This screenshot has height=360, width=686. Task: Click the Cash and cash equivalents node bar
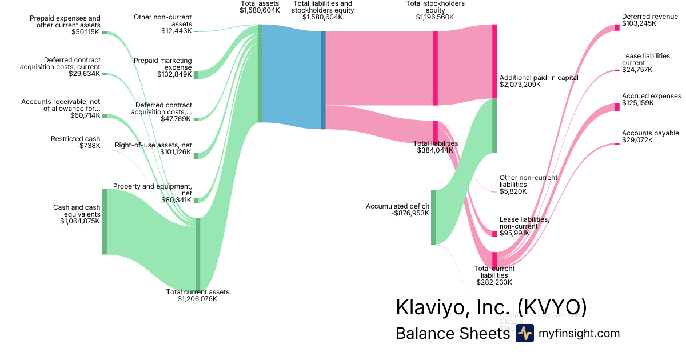click(105, 221)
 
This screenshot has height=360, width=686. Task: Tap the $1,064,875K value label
click(80, 221)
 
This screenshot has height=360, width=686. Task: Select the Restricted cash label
click(75, 139)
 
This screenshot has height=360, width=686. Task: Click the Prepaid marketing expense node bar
click(196, 74)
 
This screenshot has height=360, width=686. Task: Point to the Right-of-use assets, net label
click(153, 145)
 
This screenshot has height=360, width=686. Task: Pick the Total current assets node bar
click(198, 254)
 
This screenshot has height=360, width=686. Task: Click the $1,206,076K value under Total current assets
click(197, 299)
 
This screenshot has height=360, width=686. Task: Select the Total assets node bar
click(260, 73)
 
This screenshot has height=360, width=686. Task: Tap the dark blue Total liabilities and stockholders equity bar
click(323, 80)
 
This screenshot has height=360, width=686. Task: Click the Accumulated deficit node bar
click(433, 217)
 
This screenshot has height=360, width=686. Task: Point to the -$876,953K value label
click(410, 213)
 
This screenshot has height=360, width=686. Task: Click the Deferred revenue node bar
click(617, 27)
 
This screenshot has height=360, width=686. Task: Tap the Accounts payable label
click(651, 133)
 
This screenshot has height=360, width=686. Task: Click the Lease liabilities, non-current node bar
click(494, 234)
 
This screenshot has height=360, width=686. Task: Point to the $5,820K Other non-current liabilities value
click(513, 191)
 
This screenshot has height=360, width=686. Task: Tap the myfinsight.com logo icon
click(524, 334)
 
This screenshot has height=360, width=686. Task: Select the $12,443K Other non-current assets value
click(177, 31)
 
